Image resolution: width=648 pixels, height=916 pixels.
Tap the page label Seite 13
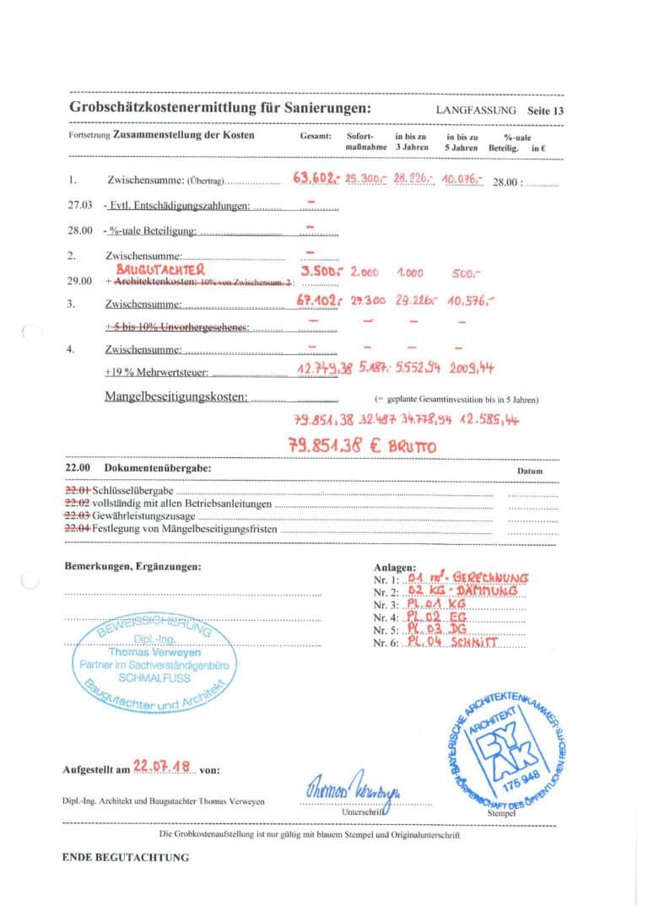[x=544, y=110]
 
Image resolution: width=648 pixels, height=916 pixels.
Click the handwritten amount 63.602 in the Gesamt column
[x=317, y=179]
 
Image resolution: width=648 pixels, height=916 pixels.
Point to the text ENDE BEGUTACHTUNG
[x=126, y=857]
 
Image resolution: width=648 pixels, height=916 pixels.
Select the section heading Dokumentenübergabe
[x=157, y=467]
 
